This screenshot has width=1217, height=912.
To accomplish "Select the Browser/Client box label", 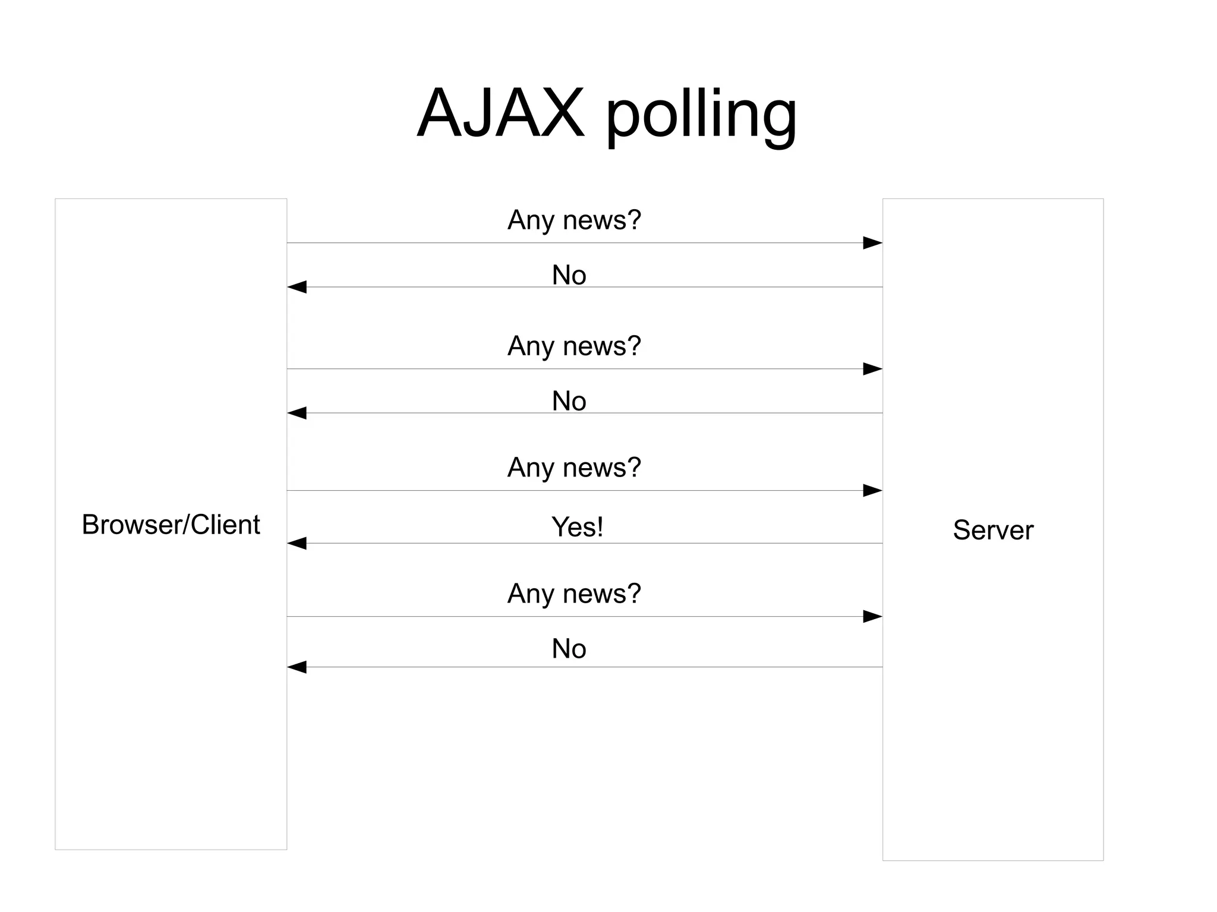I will click(171, 525).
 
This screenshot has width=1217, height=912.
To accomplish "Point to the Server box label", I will click(993, 530).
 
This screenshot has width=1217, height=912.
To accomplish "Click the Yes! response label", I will click(577, 527).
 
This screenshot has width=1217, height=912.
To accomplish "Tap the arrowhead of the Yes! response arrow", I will click(297, 543).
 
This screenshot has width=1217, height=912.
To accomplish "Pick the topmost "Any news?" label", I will click(574, 220).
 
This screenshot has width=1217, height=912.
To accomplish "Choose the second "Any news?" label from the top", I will click(574, 346).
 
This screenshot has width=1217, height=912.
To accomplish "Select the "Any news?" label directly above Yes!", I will click(574, 468).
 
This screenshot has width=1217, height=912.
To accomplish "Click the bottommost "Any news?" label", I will click(574, 594).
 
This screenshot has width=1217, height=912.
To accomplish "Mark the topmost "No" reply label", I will click(569, 275).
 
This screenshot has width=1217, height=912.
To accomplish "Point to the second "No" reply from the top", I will click(569, 401).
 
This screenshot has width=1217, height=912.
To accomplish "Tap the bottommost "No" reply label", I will click(569, 649).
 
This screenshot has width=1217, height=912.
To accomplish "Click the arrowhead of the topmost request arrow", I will click(872, 242).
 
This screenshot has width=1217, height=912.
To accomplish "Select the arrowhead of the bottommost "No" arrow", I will click(297, 667).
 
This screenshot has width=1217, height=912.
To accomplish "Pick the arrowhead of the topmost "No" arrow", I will click(297, 287).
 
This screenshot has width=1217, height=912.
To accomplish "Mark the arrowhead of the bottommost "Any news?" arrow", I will click(872, 617).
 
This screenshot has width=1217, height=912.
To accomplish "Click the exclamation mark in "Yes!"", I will click(600, 526).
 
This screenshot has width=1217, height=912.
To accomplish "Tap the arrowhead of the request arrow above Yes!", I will click(872, 490).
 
